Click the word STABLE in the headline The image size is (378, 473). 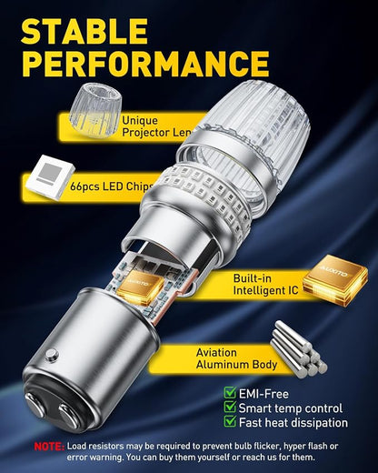tap(85, 31)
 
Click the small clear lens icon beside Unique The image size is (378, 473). tap(95, 112)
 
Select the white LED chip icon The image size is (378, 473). tap(50, 177)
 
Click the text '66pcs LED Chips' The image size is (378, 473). tap(111, 186)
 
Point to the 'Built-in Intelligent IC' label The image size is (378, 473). tap(265, 284)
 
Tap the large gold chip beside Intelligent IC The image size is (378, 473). tap(335, 281)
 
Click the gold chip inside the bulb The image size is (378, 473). tap(140, 287)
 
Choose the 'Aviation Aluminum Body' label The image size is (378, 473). tap(236, 358)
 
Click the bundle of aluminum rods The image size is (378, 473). tap(299, 349)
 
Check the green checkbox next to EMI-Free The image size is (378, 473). tap(230, 392)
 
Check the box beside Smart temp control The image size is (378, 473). tap(230, 407)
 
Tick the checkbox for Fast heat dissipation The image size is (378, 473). tap(230, 421)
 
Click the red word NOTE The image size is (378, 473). tap(49, 447)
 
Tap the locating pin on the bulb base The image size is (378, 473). tap(51, 354)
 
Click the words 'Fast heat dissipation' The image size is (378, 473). tap(293, 422)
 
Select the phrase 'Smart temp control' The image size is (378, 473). tap(291, 408)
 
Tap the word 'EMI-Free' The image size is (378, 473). tap(264, 394)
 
